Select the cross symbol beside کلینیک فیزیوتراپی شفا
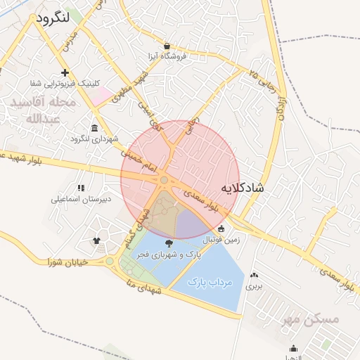point(65,72)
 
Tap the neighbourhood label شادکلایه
point(243,188)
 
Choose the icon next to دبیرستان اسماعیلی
point(80,188)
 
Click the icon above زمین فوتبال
point(221,229)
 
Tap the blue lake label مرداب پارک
point(210,282)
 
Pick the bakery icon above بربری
point(253,275)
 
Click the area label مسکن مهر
point(310,319)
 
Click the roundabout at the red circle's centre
point(164,181)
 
